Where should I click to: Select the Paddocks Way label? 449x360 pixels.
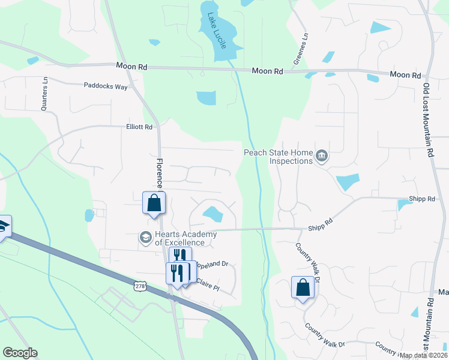106,86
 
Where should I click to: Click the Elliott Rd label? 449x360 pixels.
139,127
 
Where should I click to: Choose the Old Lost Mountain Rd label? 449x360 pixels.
428,120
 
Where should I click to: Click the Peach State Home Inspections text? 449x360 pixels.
279,157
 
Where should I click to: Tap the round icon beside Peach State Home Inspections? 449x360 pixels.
322,156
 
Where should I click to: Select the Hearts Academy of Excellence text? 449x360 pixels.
179,239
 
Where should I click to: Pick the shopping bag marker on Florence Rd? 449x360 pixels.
154,202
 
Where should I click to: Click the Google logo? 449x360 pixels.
20,352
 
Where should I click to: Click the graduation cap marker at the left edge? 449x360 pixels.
3,227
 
